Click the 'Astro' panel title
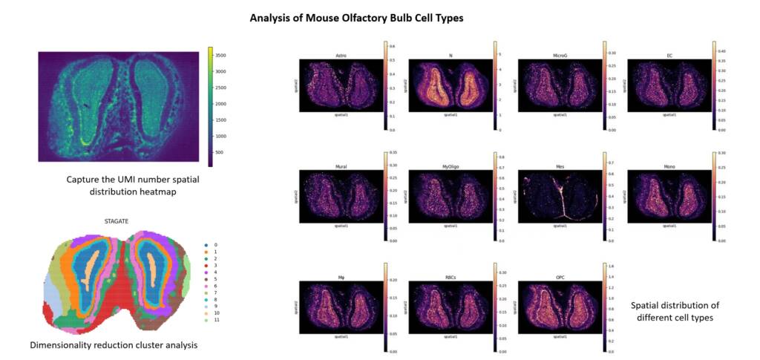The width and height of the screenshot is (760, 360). (x=341, y=55)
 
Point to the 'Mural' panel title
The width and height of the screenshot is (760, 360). (x=341, y=167)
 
